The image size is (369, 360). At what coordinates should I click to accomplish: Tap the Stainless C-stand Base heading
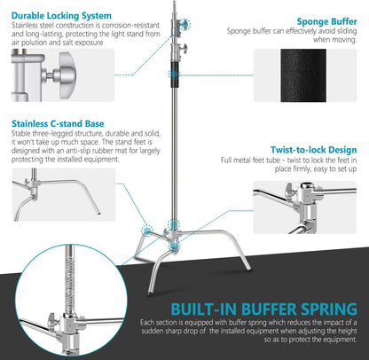click(59, 125)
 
